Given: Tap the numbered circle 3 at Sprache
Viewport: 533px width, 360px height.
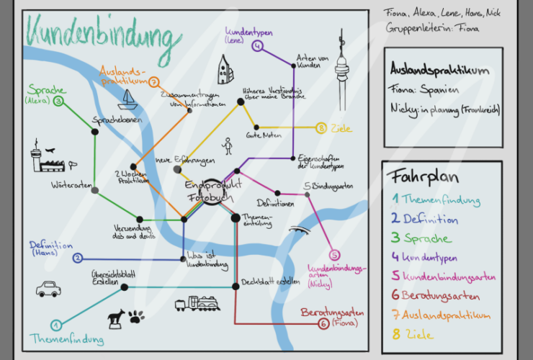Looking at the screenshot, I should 58,102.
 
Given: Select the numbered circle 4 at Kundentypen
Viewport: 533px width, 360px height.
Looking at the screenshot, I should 258,47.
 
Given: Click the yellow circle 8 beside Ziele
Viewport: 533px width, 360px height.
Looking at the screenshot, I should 321,128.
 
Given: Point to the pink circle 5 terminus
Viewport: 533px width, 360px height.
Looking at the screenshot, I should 333,255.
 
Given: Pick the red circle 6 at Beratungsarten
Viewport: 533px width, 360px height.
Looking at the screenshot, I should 323,324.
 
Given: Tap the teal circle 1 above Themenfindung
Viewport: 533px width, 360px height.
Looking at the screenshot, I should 56,325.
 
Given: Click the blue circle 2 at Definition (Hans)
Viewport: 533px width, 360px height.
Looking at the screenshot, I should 78,258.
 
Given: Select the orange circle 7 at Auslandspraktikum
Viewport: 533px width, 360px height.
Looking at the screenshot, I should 153,82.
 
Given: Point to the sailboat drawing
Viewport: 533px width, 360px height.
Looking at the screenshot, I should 129,99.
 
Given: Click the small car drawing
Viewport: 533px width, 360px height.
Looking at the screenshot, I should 48,289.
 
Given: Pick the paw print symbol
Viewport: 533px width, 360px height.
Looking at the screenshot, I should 137,315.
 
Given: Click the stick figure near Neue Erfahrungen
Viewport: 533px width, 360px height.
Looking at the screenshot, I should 228,145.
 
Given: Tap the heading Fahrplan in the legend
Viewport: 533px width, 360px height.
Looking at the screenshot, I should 416,176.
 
